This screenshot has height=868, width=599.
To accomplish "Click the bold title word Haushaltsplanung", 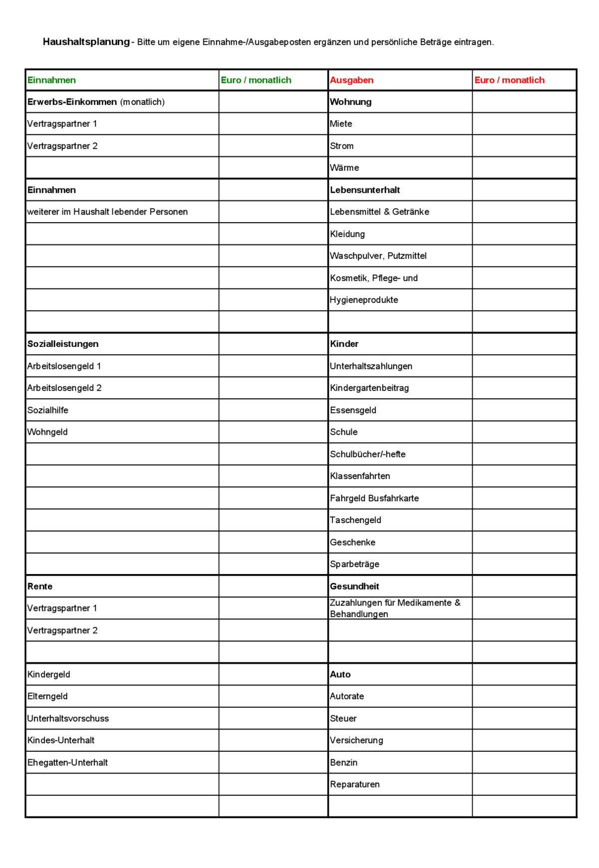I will click(x=86, y=42).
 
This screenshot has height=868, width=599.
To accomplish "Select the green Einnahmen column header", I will click(x=51, y=80).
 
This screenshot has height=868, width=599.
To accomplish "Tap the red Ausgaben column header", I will click(x=351, y=80).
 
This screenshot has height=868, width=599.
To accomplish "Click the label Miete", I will click(x=341, y=124).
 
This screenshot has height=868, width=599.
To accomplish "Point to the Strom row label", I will click(x=341, y=146).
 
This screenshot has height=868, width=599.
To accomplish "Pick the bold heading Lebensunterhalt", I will click(x=365, y=190).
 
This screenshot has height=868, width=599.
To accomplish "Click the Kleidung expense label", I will click(x=347, y=234).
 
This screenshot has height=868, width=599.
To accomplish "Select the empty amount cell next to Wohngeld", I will click(x=273, y=432).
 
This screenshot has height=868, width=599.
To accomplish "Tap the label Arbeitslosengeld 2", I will click(x=64, y=388).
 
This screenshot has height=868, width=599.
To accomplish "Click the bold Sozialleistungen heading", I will click(x=63, y=344).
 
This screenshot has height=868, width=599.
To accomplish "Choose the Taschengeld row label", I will click(x=355, y=520).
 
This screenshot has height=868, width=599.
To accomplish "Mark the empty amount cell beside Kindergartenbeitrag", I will click(x=524, y=388).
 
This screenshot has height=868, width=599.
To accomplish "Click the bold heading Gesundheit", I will click(x=354, y=586).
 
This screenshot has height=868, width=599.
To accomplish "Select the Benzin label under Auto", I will click(x=343, y=763).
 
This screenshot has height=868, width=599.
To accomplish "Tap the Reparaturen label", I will click(x=354, y=785).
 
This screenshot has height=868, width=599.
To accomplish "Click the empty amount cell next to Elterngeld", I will click(x=273, y=696).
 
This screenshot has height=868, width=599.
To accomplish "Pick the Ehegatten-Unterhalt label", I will click(x=67, y=763).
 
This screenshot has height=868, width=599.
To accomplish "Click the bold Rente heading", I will click(x=40, y=586).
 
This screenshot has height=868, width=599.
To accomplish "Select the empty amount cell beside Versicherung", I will click(x=524, y=741).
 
